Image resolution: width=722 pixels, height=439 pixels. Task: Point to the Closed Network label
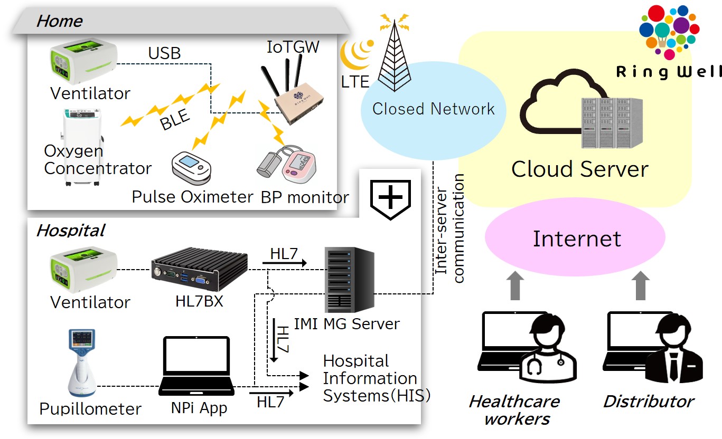point(433,109)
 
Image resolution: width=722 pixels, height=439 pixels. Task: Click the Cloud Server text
point(579,169)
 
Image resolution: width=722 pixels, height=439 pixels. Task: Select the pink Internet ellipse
point(576,238)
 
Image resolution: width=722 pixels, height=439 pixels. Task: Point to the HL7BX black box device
point(199,270)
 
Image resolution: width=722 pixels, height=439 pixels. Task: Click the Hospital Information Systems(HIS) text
point(376,378)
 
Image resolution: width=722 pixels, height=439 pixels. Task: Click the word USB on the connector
point(164,53)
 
